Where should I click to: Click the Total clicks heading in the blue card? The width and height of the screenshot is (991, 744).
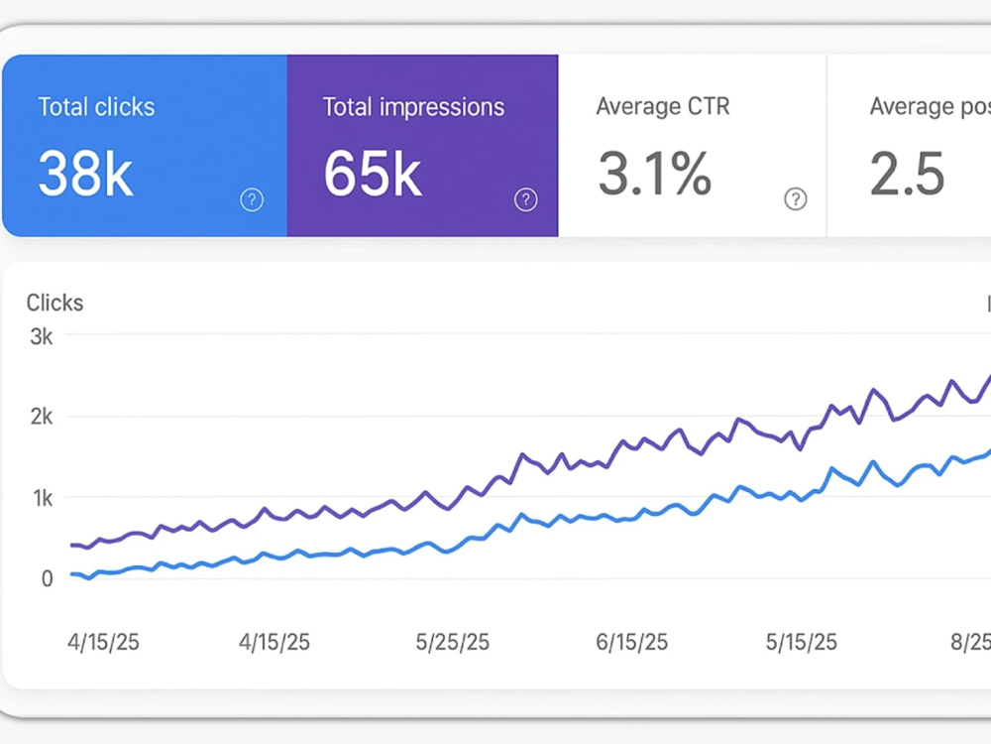coord(96,107)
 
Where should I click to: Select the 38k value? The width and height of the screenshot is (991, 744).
coord(85,174)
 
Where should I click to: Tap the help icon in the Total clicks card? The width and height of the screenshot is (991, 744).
coord(252,200)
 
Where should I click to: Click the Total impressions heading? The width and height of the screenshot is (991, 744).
coord(413,107)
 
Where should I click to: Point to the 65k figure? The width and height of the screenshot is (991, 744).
coord(373,174)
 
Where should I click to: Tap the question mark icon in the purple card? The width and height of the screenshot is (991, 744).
coord(526,200)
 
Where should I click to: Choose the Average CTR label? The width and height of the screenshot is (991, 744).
coord(663,106)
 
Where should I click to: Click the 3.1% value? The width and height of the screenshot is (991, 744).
coord(655,174)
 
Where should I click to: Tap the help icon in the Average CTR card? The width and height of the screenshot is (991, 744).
coord(796,199)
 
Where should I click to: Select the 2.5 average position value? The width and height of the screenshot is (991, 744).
coord(907,174)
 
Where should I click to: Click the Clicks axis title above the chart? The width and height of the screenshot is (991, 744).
coord(55,303)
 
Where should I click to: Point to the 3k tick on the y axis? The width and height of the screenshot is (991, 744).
coord(42,336)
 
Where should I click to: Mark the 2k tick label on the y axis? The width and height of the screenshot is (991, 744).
coord(42,417)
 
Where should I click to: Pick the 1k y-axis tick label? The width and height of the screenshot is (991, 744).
coord(43,499)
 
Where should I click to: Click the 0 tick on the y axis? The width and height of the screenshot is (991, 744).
coord(48,578)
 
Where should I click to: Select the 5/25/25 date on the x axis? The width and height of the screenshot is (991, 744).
coord(453,642)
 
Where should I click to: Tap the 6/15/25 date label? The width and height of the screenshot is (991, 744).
coord(632,642)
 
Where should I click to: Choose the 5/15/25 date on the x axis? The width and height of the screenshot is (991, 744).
coord(802,642)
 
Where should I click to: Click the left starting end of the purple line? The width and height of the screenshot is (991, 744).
coord(71,545)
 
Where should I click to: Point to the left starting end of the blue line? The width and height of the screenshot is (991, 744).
coord(71,574)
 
